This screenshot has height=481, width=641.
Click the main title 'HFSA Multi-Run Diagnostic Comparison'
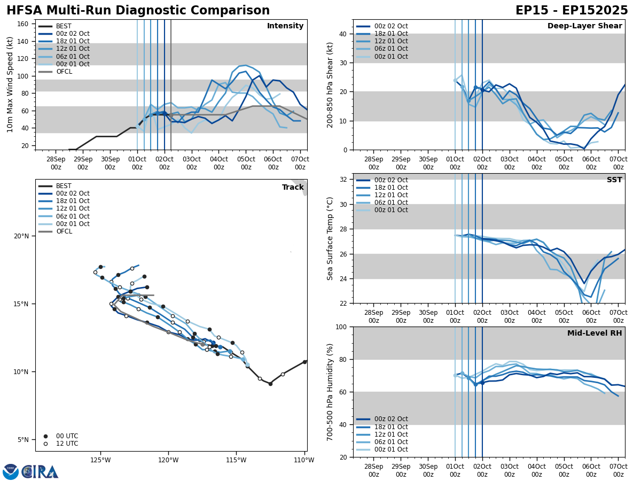[138, 11]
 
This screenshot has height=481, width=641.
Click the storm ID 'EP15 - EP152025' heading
[572, 11]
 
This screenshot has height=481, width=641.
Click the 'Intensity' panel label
[285, 26]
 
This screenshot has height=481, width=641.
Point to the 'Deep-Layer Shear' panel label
[584, 26]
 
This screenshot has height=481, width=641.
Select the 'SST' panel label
[614, 180]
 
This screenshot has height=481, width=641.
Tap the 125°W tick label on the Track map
[100, 460]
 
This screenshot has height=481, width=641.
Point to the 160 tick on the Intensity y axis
[24, 24]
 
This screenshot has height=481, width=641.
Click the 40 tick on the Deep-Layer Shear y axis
[342, 34]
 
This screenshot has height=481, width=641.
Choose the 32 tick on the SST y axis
[342, 180]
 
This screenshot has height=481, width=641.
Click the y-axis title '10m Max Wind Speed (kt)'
[10, 84]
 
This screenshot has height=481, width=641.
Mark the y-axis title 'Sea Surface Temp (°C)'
[330, 238]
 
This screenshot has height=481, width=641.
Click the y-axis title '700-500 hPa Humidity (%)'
[330, 392]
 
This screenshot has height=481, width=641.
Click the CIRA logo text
[40, 471]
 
